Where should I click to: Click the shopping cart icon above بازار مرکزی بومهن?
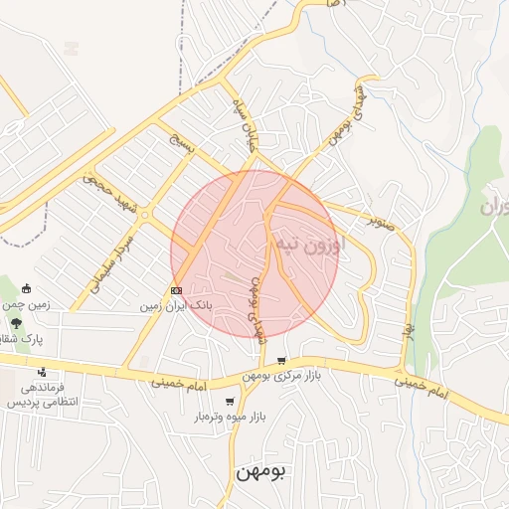(x=281, y=361)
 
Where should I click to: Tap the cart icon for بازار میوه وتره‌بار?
(x=231, y=402)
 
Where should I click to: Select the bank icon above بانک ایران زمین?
(x=176, y=291)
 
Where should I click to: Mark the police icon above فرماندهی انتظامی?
(x=41, y=372)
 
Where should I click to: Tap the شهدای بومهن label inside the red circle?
(x=256, y=308)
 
